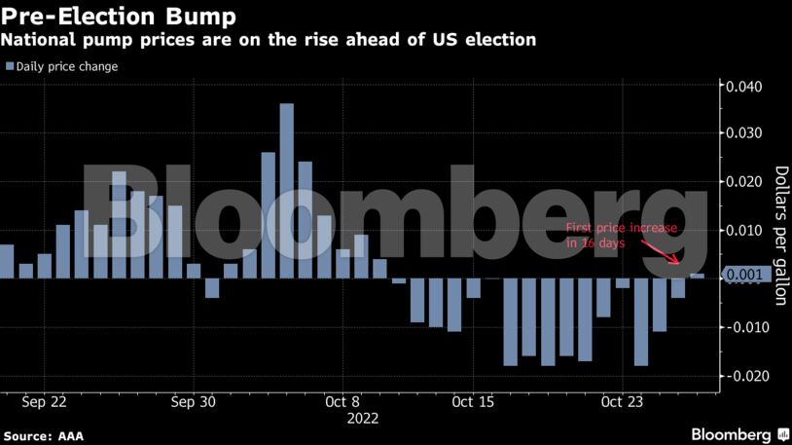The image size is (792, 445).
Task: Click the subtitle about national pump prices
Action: pos(268,41)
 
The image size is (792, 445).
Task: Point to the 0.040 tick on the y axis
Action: pos(744,87)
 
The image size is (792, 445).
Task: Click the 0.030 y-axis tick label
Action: pos(744,133)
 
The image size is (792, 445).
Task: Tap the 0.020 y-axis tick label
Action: pos(744,182)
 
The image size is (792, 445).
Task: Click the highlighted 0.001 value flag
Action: pos(748,275)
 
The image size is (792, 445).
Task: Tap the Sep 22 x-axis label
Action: pos(44,400)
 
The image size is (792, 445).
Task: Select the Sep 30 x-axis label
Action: pos(194,400)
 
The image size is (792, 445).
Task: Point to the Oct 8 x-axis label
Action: pos(342,400)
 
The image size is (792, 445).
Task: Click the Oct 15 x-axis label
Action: pos(474,400)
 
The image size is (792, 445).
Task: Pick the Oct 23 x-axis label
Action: pos(623,400)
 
